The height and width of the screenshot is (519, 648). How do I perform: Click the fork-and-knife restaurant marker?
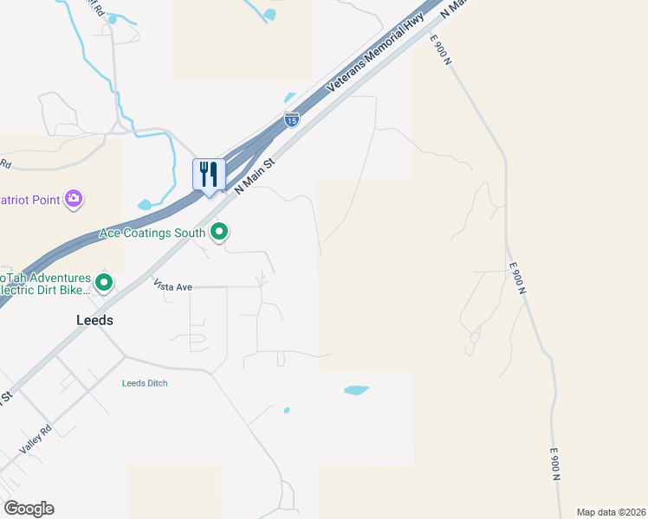point(208,175)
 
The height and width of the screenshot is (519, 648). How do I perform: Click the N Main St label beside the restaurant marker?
point(256,174)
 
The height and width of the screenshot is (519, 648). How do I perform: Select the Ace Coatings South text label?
point(152,233)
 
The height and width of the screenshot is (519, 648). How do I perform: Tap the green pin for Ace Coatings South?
point(220,232)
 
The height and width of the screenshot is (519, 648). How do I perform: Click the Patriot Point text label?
point(29,200)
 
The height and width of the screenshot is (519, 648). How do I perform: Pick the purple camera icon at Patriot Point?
point(75,199)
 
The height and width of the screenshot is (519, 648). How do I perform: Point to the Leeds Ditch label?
point(145,383)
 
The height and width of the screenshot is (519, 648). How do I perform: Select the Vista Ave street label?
point(172,285)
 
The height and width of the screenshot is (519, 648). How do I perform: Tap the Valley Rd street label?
point(31,445)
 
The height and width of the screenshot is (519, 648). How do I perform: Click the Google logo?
point(29,509)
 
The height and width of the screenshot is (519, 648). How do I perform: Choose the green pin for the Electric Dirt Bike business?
point(104,282)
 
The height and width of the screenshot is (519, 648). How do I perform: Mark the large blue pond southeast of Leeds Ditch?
point(356,390)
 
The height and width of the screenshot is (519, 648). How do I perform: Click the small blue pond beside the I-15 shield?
point(290,97)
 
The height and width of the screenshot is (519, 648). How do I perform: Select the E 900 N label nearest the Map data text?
point(557,465)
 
